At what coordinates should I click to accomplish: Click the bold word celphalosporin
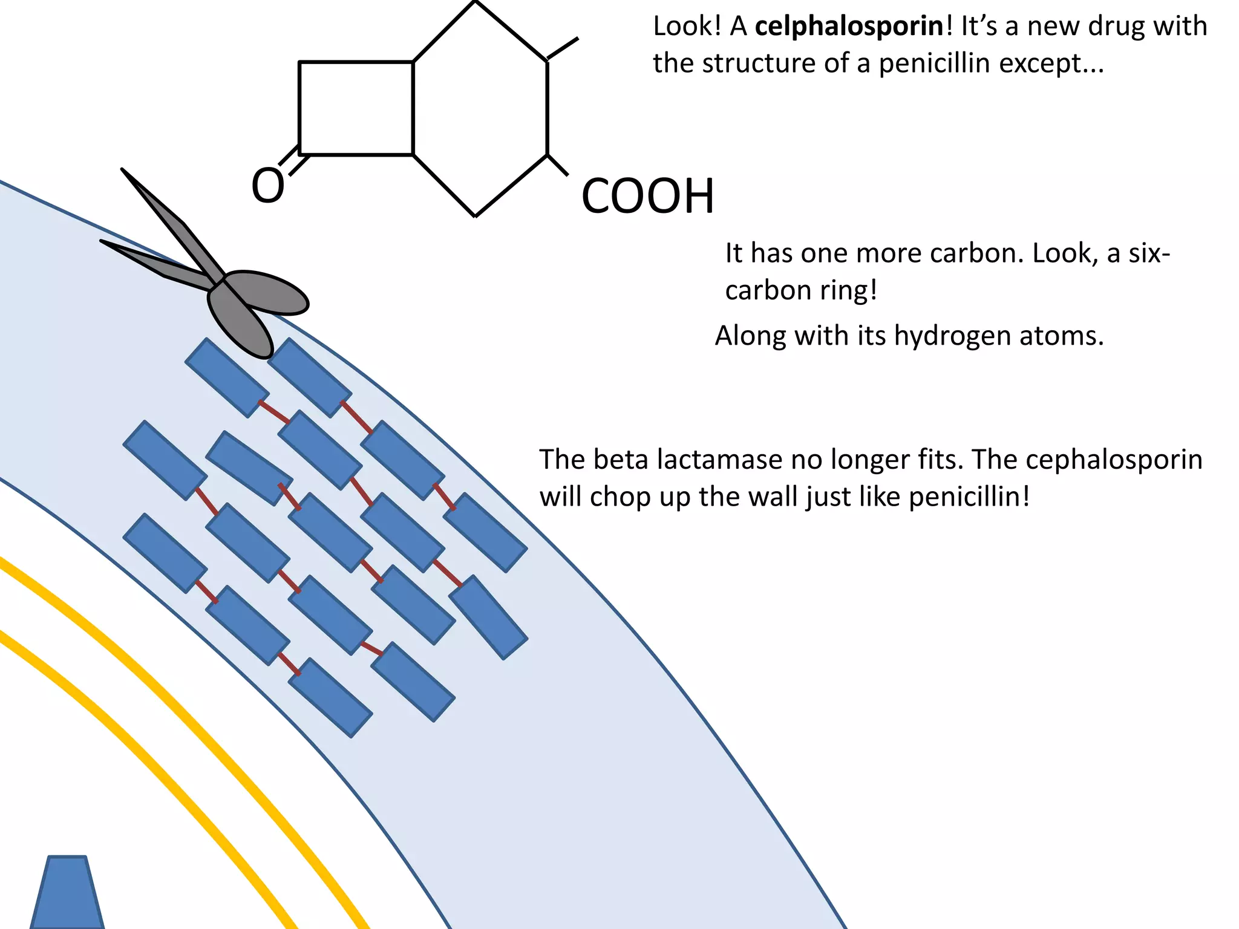(849, 27)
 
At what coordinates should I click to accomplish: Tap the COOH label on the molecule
(647, 197)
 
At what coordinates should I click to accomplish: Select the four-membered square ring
(356, 108)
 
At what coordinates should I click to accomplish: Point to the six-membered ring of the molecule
(481, 108)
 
